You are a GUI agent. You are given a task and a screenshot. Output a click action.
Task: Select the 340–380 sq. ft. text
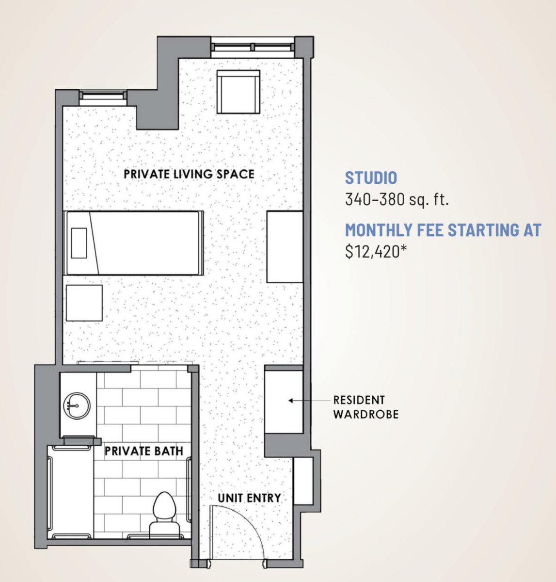point(397,199)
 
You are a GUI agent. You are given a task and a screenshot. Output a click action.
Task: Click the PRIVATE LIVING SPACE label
point(189,174)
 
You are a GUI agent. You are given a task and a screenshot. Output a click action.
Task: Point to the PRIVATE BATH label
point(144,451)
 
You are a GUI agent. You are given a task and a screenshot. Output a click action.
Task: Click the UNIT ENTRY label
point(249,498)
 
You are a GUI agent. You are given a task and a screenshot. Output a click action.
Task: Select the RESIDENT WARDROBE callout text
point(366,407)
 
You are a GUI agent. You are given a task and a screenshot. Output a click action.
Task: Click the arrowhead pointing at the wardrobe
point(290,401)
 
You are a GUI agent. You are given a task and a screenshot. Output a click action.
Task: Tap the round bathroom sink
point(77,405)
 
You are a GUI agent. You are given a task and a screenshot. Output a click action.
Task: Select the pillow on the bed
point(79,243)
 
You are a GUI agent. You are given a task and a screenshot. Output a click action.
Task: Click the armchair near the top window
point(238,92)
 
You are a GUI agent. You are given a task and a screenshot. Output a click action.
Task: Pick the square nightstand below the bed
point(84,303)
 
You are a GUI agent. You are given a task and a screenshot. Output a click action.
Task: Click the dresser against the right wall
point(285,247)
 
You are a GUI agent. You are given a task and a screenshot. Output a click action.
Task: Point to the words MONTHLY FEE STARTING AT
point(443,230)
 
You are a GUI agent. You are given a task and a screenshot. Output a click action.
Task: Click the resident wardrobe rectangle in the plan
point(284,402)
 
